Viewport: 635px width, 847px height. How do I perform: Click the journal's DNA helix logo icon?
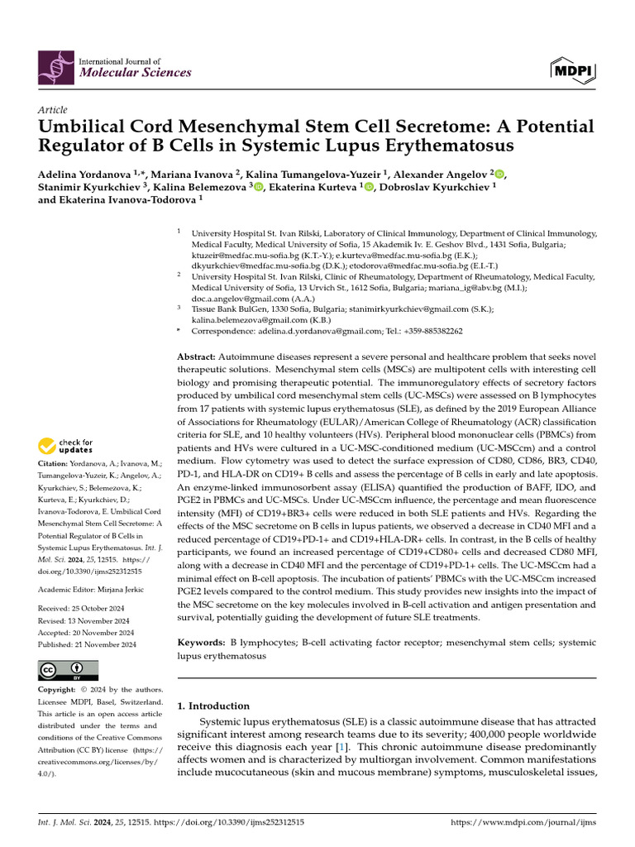click(x=54, y=66)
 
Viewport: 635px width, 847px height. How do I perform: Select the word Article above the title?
click(x=53, y=110)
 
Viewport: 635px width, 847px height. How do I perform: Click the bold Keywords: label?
click(x=203, y=642)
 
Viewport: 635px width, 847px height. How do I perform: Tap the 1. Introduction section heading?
click(x=213, y=706)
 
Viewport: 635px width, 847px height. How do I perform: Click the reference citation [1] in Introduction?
click(x=340, y=747)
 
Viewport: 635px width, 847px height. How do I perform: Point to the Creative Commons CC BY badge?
click(x=68, y=670)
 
